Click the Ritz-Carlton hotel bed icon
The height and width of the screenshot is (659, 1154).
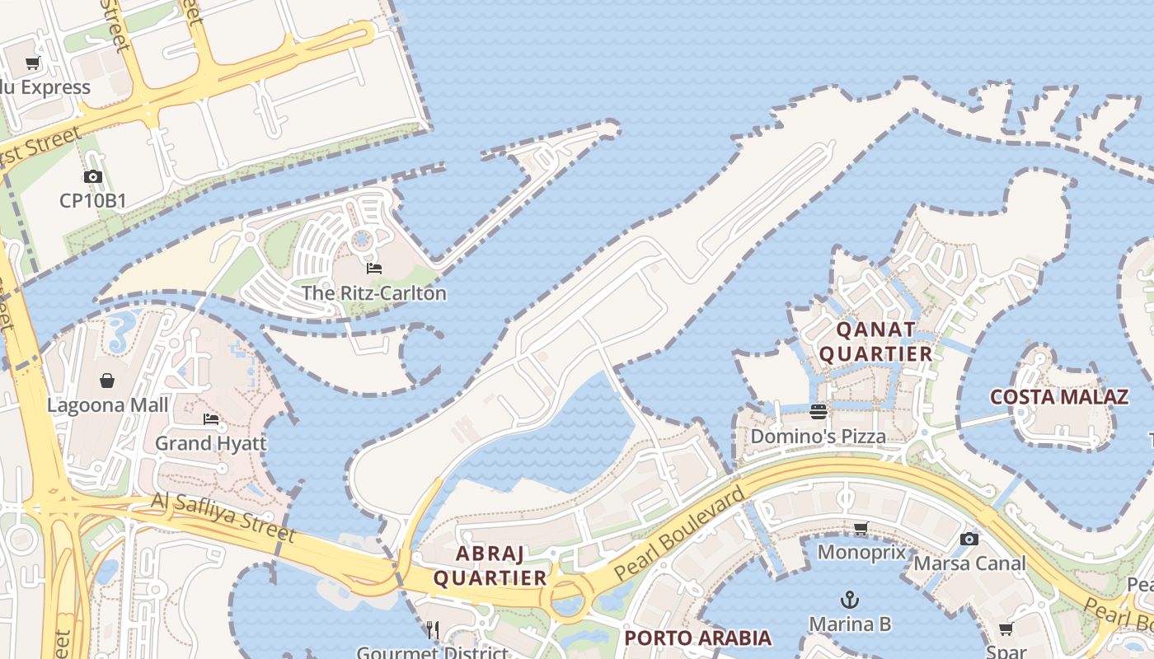click(x=373, y=269)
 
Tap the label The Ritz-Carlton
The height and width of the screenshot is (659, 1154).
click(x=373, y=293)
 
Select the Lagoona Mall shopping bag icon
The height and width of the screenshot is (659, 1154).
click(x=107, y=381)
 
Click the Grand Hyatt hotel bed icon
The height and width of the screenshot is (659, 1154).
click(x=211, y=419)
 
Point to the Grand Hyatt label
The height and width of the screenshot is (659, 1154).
click(x=211, y=443)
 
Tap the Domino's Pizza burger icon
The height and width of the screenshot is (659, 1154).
click(x=818, y=412)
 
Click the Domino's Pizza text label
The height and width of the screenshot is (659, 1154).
click(x=818, y=436)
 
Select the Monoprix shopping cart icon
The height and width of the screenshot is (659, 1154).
click(x=861, y=528)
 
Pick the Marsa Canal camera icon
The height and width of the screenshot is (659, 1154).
click(x=969, y=540)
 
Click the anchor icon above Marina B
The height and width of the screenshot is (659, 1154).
click(x=849, y=600)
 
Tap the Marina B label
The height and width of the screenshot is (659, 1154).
click(x=849, y=624)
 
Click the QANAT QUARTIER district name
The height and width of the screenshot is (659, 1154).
click(x=875, y=342)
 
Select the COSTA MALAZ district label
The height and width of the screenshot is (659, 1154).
click(x=1058, y=397)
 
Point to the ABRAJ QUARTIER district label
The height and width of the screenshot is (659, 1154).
click(x=490, y=565)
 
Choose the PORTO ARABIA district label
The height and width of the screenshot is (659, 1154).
click(x=697, y=638)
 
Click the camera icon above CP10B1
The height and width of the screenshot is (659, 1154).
click(x=92, y=176)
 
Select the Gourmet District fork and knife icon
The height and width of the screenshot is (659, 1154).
click(x=433, y=631)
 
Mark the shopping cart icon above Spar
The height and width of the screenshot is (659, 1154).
click(x=1006, y=630)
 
